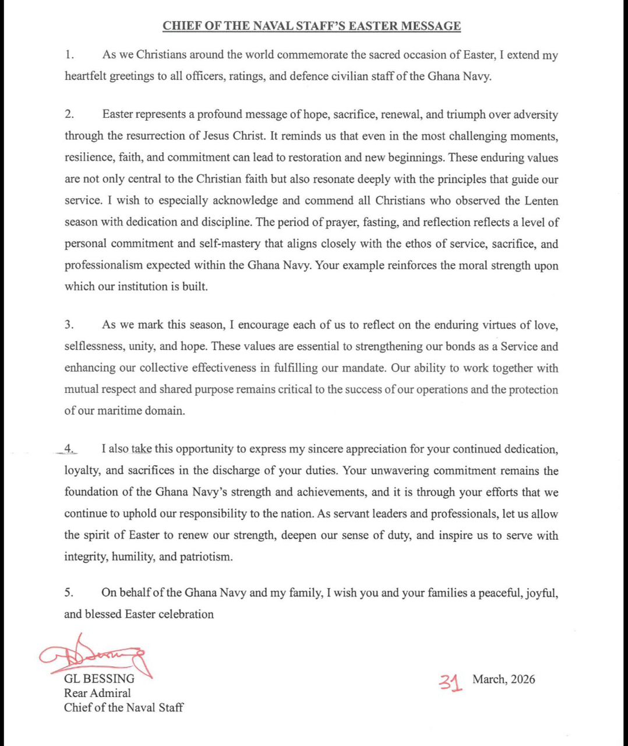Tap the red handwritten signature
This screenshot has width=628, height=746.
coord(93,656)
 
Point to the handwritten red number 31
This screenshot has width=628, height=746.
coord(451,681)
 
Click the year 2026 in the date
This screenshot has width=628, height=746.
coord(523,680)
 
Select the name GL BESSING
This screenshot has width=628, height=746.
coord(99,679)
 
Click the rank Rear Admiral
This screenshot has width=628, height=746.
coord(97,694)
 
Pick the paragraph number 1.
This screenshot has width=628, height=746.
coord(69,55)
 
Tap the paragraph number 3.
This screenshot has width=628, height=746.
coord(69,325)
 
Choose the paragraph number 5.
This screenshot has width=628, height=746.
coord(69,593)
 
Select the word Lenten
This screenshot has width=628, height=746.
coord(540,201)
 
